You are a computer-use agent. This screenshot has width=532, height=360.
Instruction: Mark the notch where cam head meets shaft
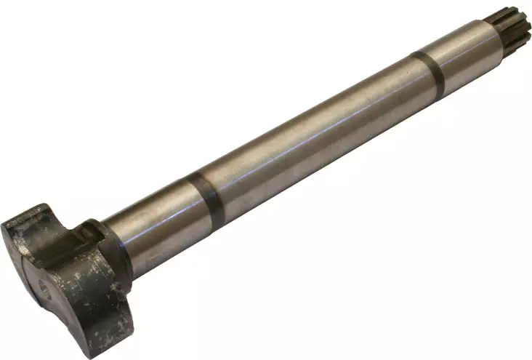(91, 233)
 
